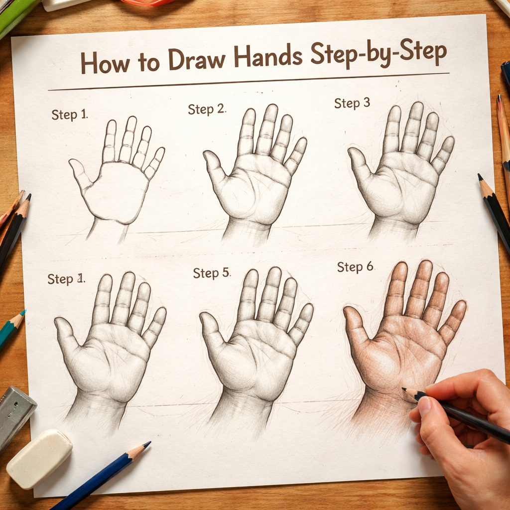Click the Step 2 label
coord(206,109)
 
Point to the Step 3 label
coord(352,103)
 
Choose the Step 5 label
coord(212,272)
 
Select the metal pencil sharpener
coord(15,413)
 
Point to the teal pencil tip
coord(23,313)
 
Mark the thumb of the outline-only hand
coord(80,172)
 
